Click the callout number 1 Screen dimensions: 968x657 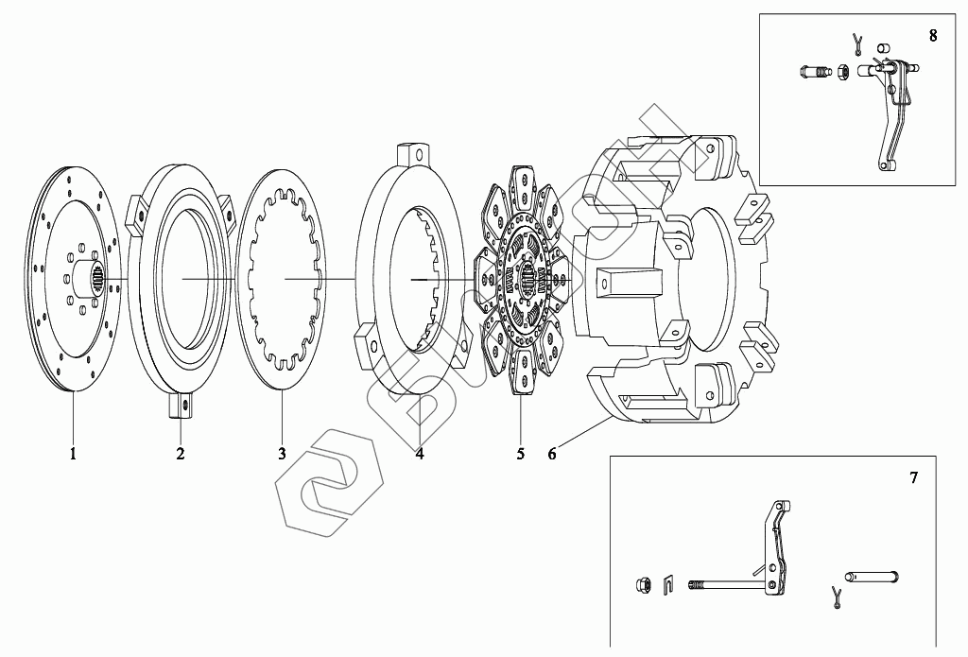[72, 454]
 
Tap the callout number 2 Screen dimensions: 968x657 [180, 454]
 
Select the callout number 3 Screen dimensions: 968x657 [282, 454]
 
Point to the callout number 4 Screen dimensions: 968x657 [419, 454]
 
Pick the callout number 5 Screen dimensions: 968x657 [520, 454]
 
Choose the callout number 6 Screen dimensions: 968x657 [552, 454]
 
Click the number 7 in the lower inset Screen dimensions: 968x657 [913, 478]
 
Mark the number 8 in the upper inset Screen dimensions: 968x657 [933, 37]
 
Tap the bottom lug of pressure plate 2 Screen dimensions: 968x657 [181, 406]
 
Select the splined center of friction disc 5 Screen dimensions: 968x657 [526, 281]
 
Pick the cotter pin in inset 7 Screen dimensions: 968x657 [836, 594]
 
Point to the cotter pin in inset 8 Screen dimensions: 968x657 [856, 42]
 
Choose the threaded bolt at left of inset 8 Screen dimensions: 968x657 [812, 71]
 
